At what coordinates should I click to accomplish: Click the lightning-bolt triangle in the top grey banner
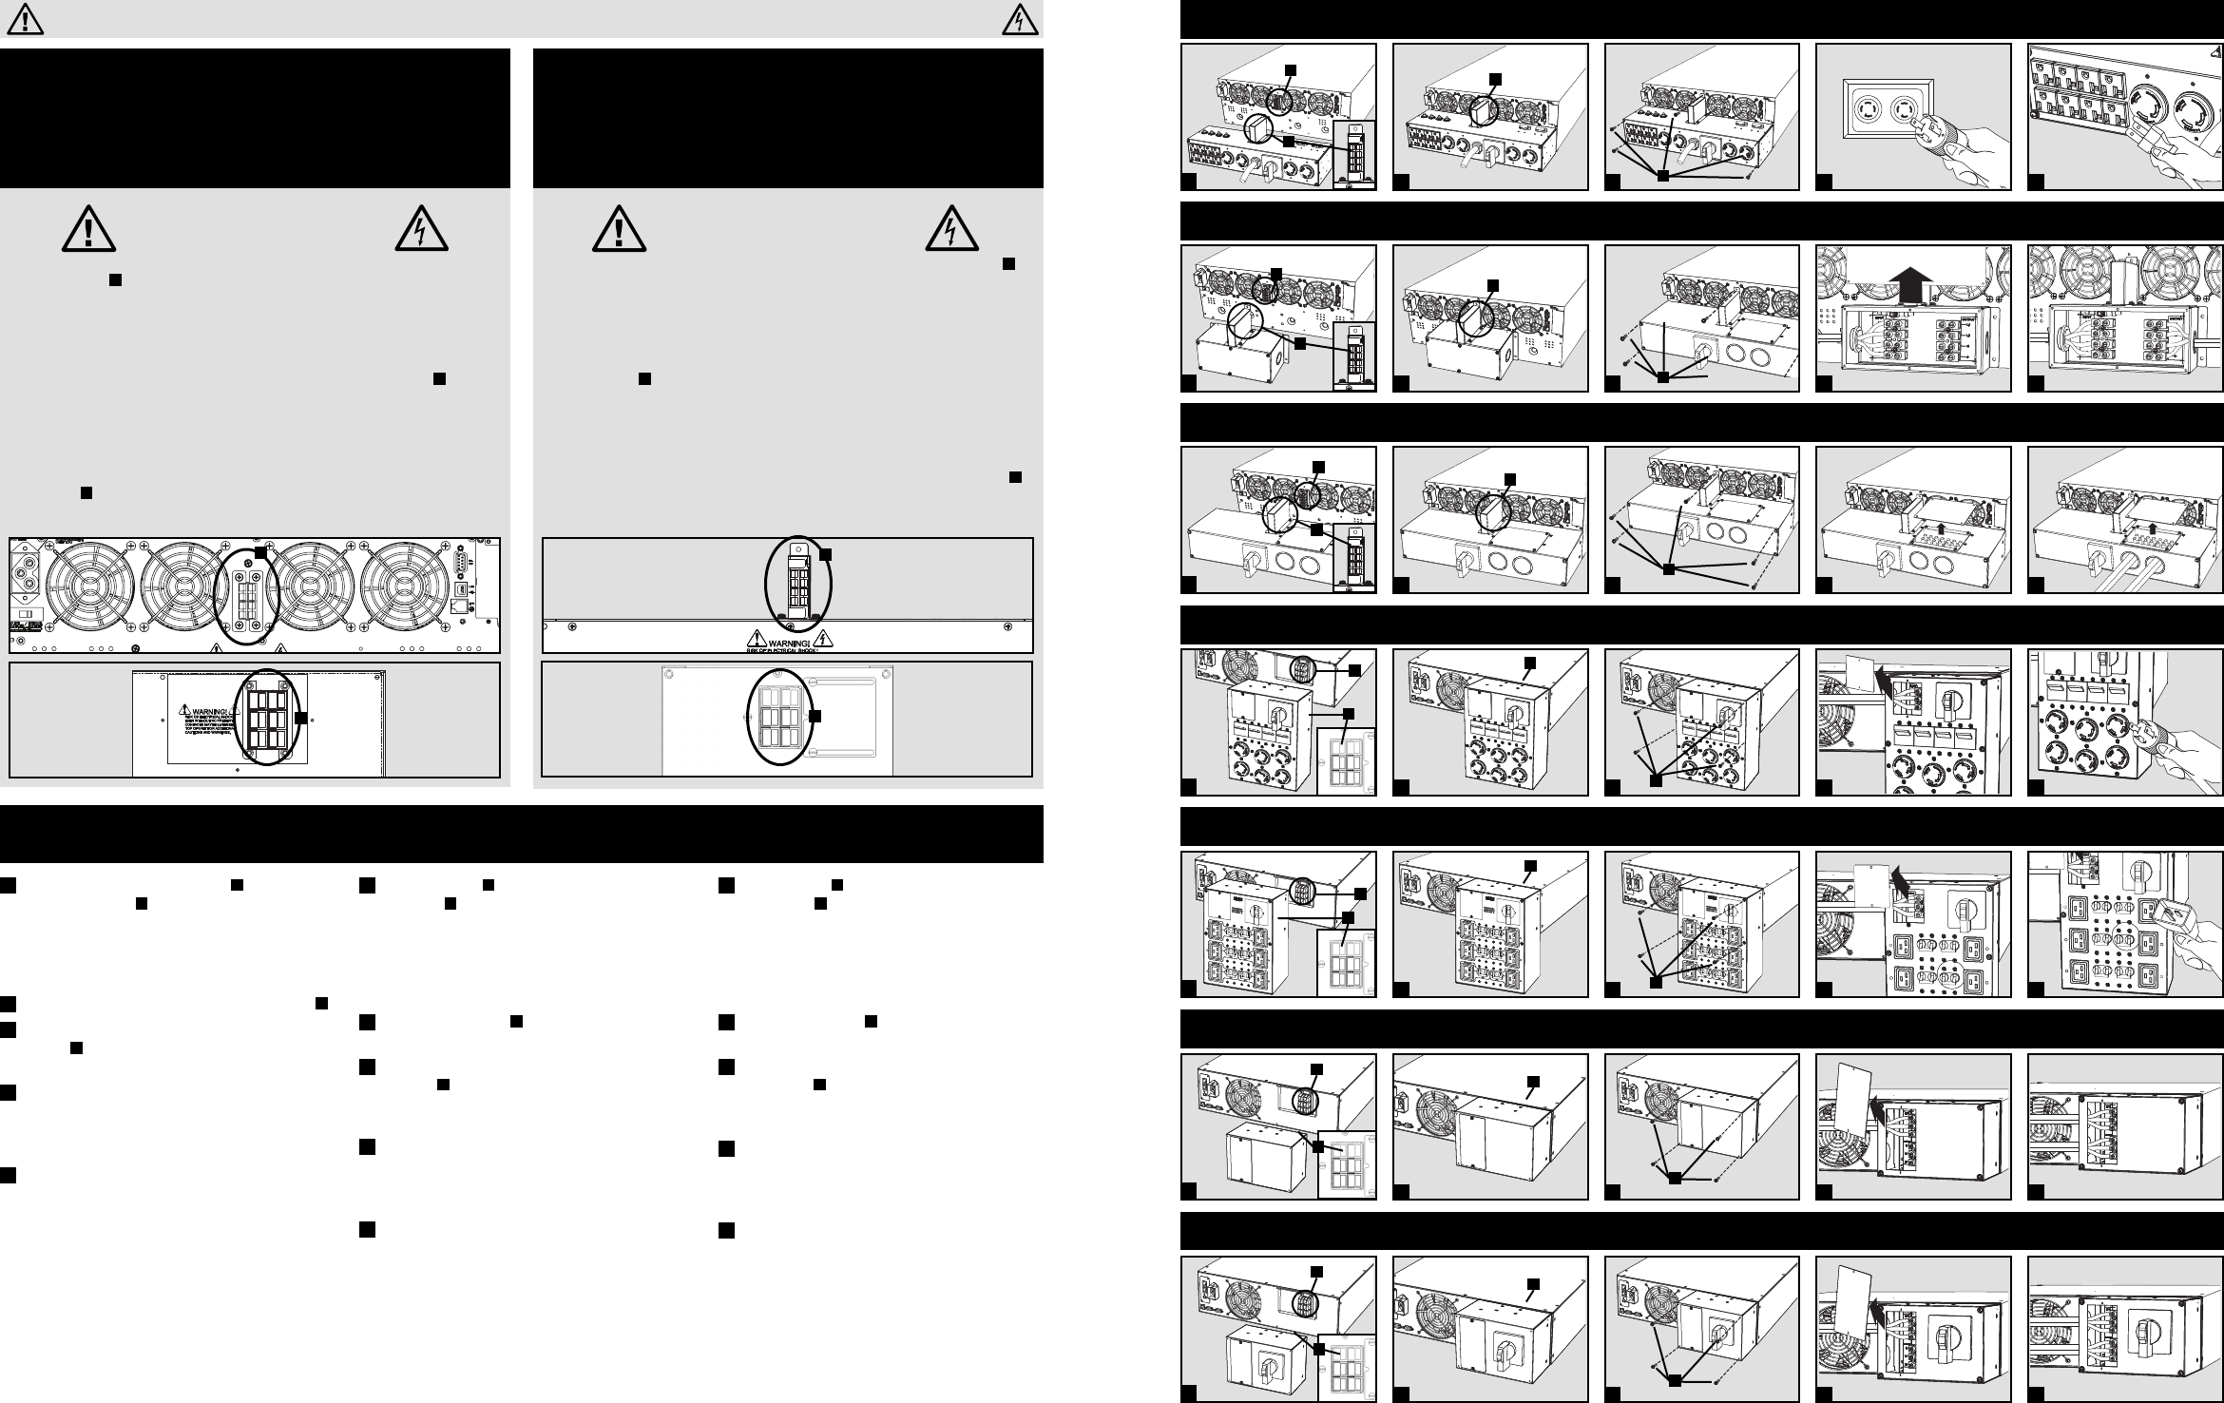pyautogui.click(x=1018, y=18)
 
